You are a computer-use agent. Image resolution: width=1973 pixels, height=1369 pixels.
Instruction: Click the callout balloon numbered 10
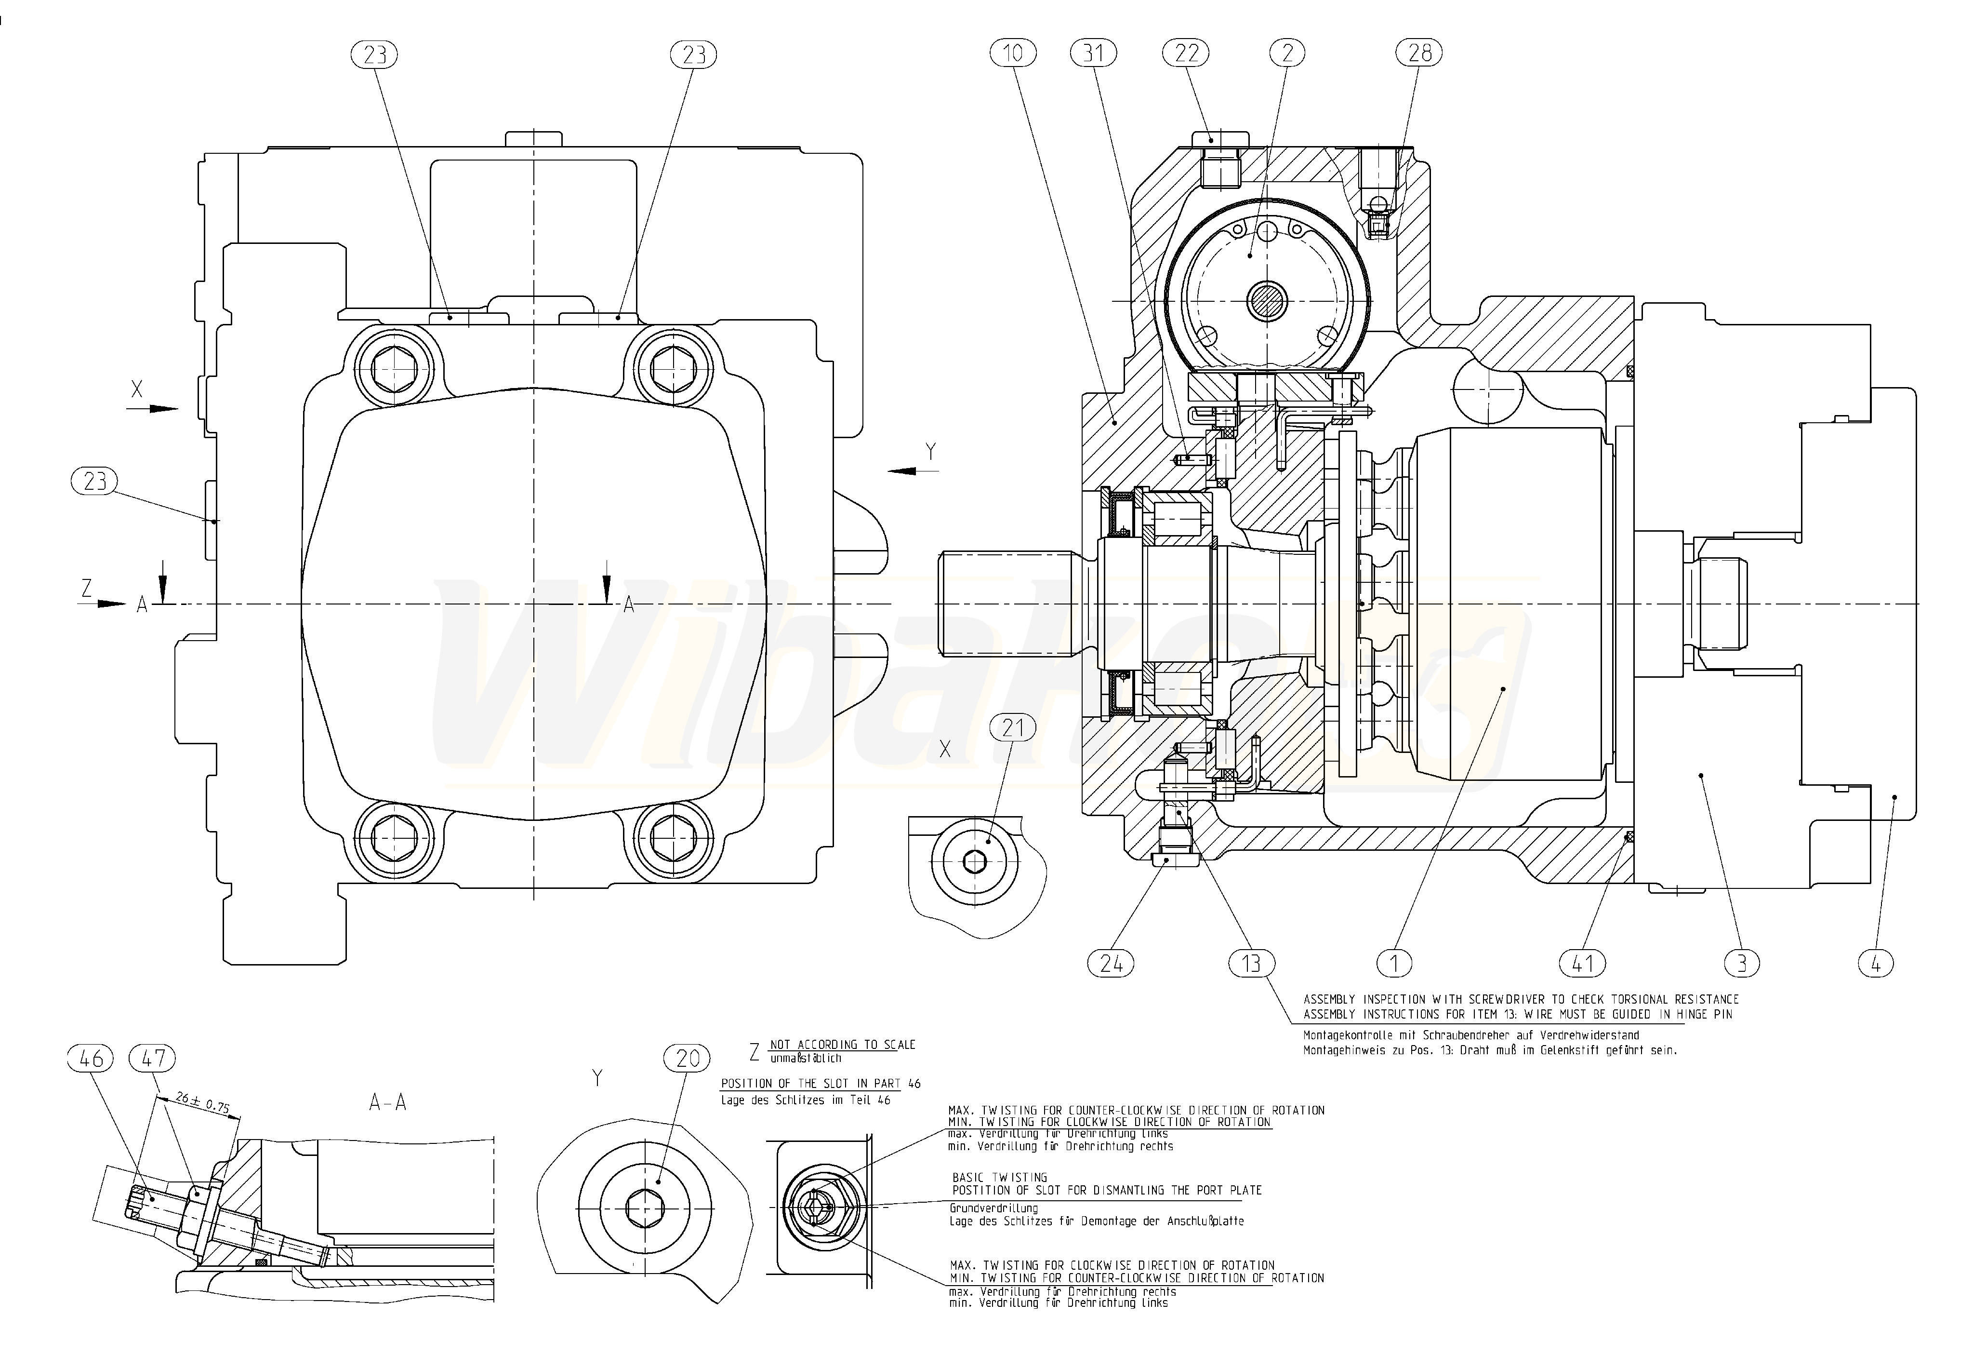[x=1013, y=53]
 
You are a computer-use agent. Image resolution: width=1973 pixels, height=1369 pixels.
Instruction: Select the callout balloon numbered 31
[x=1093, y=53]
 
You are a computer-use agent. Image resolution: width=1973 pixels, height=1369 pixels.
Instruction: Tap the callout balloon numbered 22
[x=1186, y=53]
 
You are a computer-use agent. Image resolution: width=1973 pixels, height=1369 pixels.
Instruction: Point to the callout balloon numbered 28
[x=1419, y=53]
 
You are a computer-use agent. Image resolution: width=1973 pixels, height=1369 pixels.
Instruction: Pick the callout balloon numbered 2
[x=1286, y=53]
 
